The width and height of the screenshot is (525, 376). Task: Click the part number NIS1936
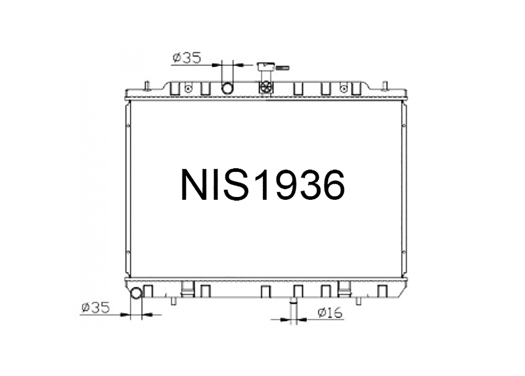pos(263,185)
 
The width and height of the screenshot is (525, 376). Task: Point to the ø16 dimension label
pos(330,313)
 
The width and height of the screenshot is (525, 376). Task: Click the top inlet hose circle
pos(227,88)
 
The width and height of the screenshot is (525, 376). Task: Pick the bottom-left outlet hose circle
pos(136,293)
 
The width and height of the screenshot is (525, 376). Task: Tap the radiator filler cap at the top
pos(266,67)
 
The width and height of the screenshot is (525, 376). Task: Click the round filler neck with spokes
pos(266,88)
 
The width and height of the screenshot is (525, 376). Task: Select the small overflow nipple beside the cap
pos(283,68)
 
